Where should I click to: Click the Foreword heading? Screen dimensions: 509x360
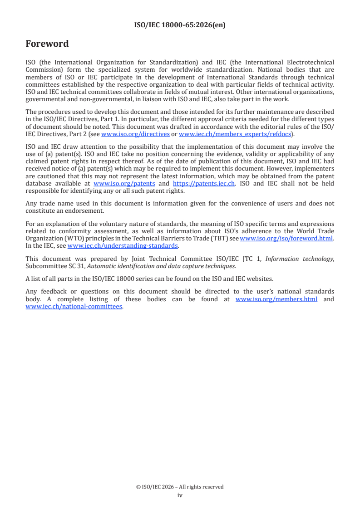[x=47, y=44]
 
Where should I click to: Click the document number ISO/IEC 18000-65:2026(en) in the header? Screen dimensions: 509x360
[x=180, y=25]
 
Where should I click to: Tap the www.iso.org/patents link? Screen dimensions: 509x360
[x=124, y=183]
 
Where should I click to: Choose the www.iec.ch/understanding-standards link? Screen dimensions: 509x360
[x=123, y=245]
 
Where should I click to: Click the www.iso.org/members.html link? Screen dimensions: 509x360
[x=276, y=299]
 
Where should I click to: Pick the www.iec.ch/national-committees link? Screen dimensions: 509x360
[x=74, y=306]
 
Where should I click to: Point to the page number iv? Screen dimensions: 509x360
[x=180, y=495]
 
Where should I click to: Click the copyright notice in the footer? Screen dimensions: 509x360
[x=180, y=487]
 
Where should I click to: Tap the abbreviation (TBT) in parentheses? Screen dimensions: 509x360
[x=220, y=238]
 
